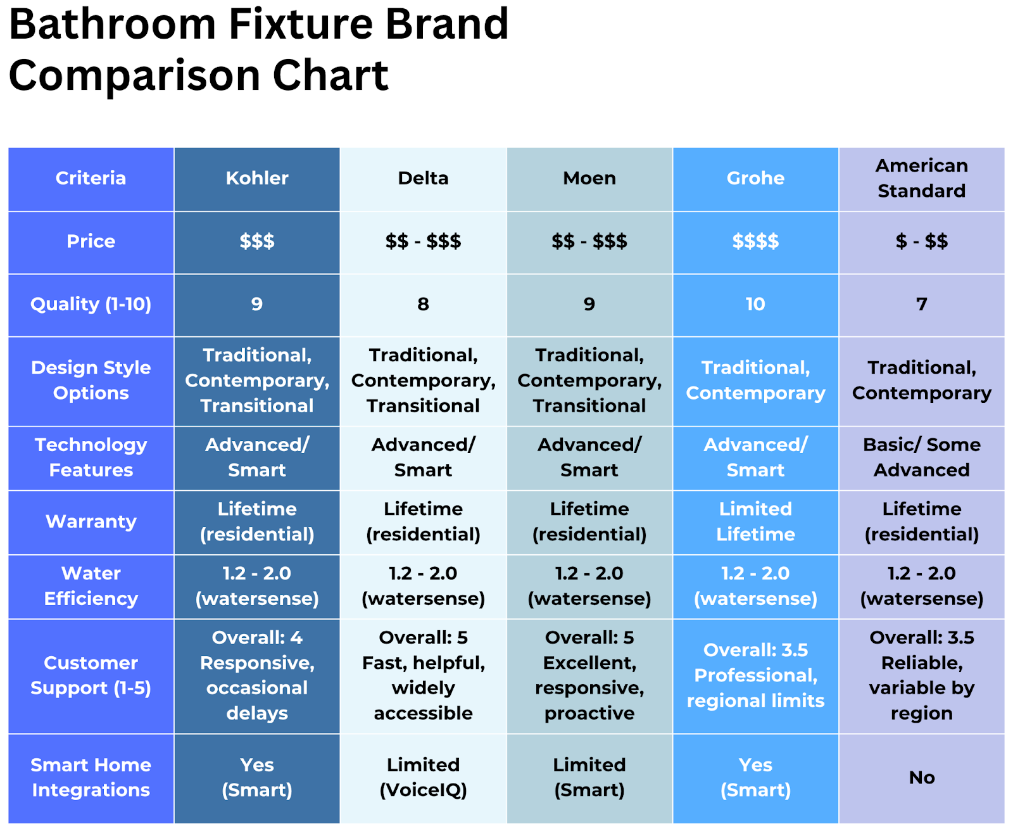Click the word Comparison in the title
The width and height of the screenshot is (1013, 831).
pyautogui.click(x=134, y=76)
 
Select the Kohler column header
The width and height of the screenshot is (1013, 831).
pyautogui.click(x=257, y=179)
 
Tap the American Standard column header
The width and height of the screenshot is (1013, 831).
pyautogui.click(x=921, y=179)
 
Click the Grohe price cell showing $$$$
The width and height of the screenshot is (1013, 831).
pyautogui.click(x=755, y=241)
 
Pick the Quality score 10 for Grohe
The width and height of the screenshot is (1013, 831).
pyautogui.click(x=755, y=304)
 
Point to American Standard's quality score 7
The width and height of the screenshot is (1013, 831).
pyautogui.click(x=921, y=304)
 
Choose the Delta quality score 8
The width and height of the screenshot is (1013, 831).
pyautogui.click(x=423, y=304)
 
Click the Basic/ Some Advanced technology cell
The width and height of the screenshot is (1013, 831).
pyautogui.click(x=921, y=457)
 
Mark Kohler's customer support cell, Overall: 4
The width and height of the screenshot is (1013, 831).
pyautogui.click(x=257, y=676)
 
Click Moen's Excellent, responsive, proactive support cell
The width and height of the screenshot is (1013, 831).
pyautogui.click(x=589, y=676)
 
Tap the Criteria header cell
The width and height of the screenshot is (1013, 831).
pyautogui.click(x=91, y=179)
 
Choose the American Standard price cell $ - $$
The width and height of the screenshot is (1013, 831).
pyautogui.click(x=921, y=241)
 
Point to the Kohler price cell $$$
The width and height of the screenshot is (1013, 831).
pyautogui.click(x=257, y=241)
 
